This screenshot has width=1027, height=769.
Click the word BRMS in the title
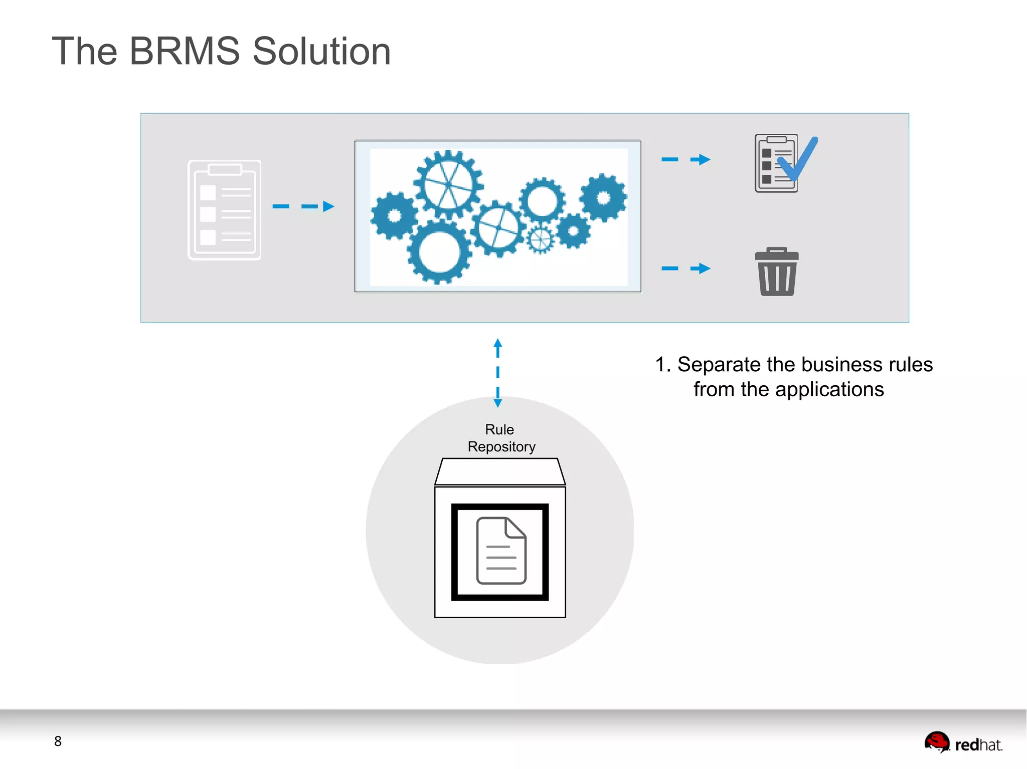[x=185, y=52]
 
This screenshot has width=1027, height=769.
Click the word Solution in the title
[x=321, y=52]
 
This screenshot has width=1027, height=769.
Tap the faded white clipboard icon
[x=224, y=210]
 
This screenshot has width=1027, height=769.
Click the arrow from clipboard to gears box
[x=303, y=206]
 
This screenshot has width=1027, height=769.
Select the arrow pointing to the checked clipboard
[x=686, y=160]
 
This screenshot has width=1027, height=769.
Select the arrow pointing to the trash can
[x=686, y=269]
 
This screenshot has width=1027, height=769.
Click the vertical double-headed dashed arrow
[x=497, y=372]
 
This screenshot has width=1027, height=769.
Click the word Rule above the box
[x=499, y=429]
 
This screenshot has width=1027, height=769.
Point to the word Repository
[x=501, y=446]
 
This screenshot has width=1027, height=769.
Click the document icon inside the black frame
[x=500, y=551]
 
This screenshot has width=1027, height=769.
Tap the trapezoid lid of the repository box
[x=500, y=471]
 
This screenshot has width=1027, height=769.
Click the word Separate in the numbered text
[x=719, y=365]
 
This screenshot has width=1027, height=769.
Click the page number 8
[x=58, y=741]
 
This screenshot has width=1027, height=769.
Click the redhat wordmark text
[x=978, y=745]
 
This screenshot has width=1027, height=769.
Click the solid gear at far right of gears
[x=603, y=197]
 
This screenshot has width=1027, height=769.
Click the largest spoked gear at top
[x=448, y=184]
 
